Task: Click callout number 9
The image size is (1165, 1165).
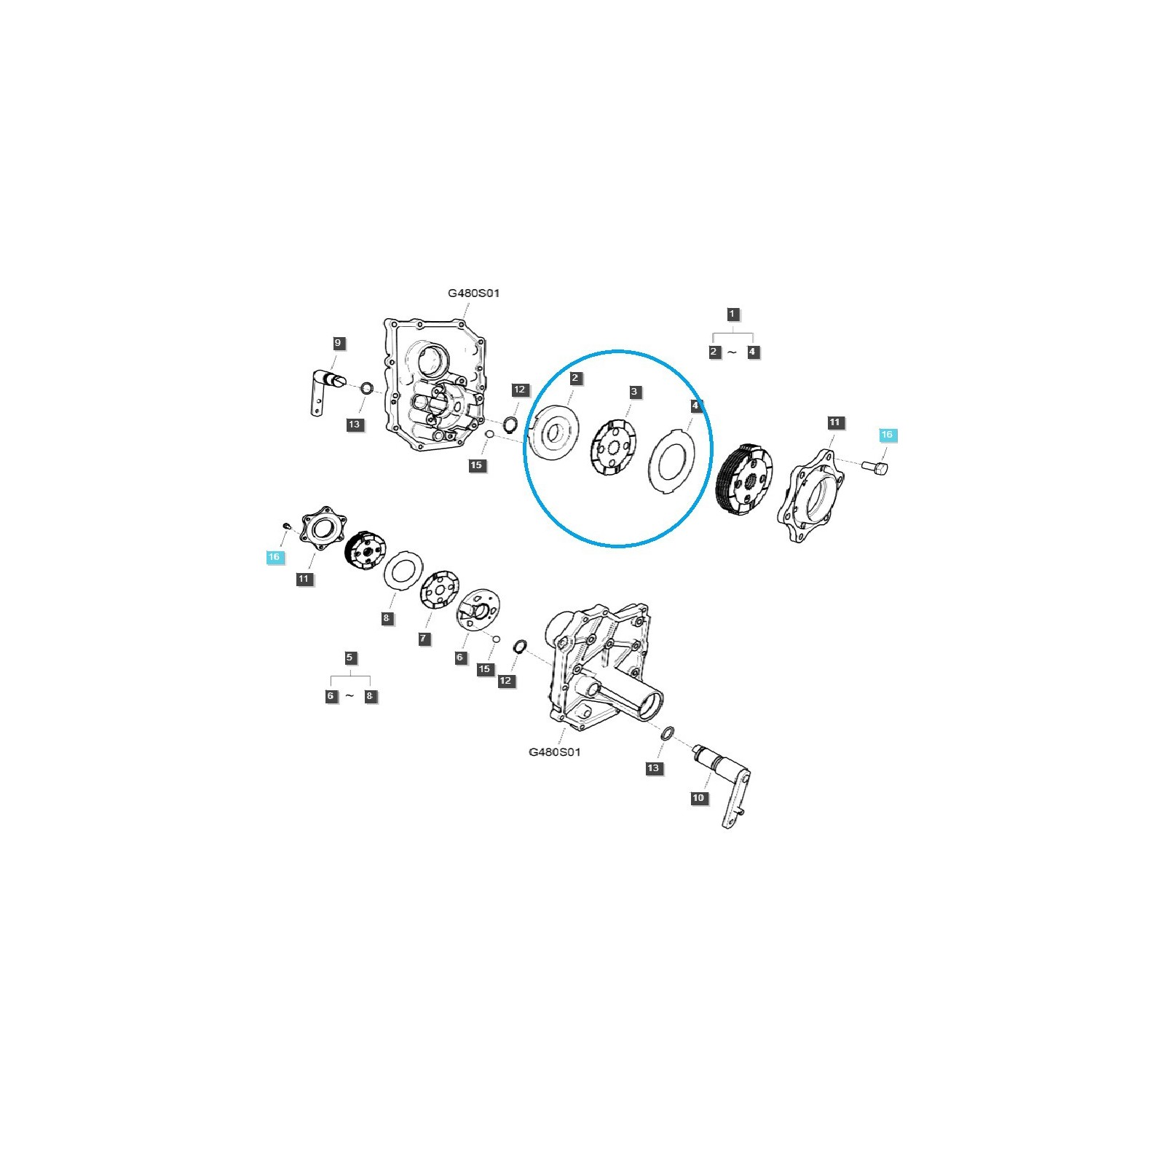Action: tap(337, 343)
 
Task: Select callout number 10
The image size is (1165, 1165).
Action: tap(698, 798)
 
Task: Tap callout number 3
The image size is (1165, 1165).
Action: tap(634, 392)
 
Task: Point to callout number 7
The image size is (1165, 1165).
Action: tap(424, 639)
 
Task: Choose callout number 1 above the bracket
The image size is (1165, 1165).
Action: tap(732, 315)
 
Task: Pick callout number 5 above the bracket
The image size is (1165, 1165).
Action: tap(349, 657)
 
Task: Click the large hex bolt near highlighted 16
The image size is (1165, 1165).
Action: tap(876, 465)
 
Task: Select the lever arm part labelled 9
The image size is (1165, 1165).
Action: tap(323, 391)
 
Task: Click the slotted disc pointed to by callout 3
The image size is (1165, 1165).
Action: tap(613, 449)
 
